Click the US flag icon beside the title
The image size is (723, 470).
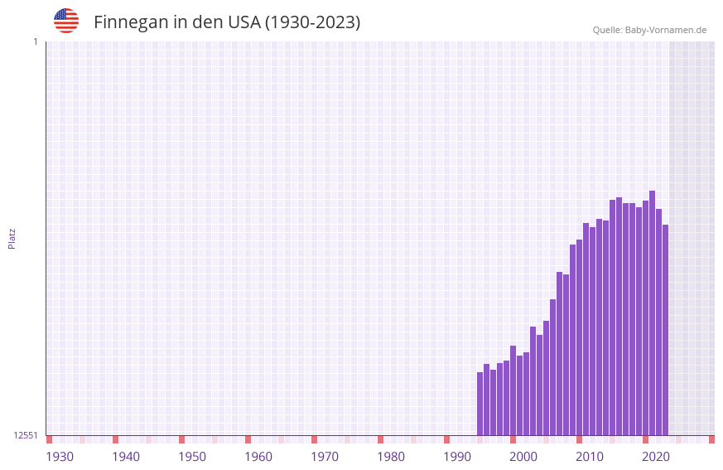[x=66, y=21]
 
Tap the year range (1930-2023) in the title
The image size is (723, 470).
[x=312, y=22]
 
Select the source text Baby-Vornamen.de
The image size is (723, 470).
[x=665, y=30]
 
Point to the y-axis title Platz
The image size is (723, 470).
[x=12, y=238]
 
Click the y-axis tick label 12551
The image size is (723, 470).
[x=26, y=435]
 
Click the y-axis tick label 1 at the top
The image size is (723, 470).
[x=35, y=41]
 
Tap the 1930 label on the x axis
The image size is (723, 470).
[x=60, y=457]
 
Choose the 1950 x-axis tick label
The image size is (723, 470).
[x=192, y=457]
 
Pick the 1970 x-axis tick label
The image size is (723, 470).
[x=325, y=457]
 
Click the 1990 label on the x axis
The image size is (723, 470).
[x=457, y=457]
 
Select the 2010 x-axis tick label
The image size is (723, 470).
[x=590, y=457]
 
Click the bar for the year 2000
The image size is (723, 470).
[x=513, y=390]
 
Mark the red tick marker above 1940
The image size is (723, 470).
[x=115, y=439]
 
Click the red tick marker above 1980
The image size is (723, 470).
[x=380, y=439]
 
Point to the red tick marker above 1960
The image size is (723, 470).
[x=248, y=439]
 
